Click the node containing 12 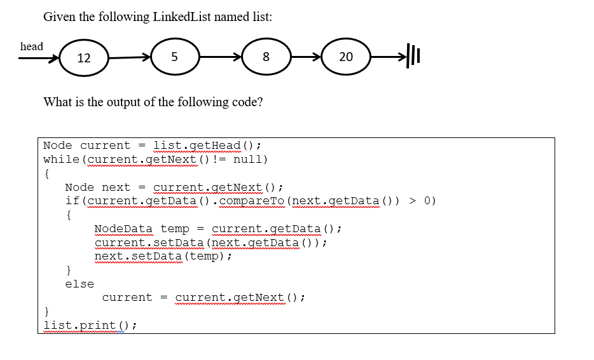coord(84,58)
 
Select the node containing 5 coord(174,57)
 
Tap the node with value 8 coord(266,57)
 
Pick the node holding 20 coord(346,57)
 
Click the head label coord(32,46)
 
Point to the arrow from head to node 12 coord(38,59)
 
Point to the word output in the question coord(112,102)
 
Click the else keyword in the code coord(79,284)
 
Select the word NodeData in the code coord(123,228)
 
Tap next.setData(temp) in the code coord(163,256)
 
